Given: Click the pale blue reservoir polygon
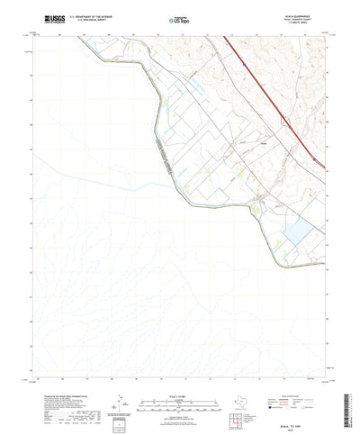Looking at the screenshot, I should (x=298, y=235).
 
